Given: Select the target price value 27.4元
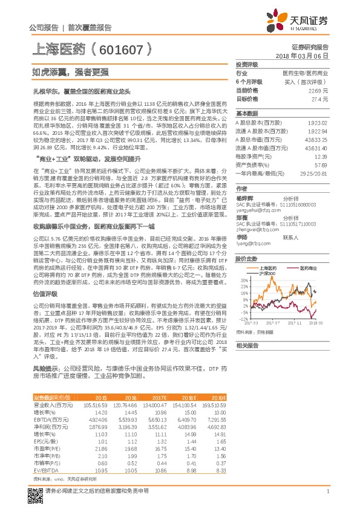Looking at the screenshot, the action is tap(319, 98).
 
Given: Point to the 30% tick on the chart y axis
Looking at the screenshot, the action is tap(243, 280).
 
